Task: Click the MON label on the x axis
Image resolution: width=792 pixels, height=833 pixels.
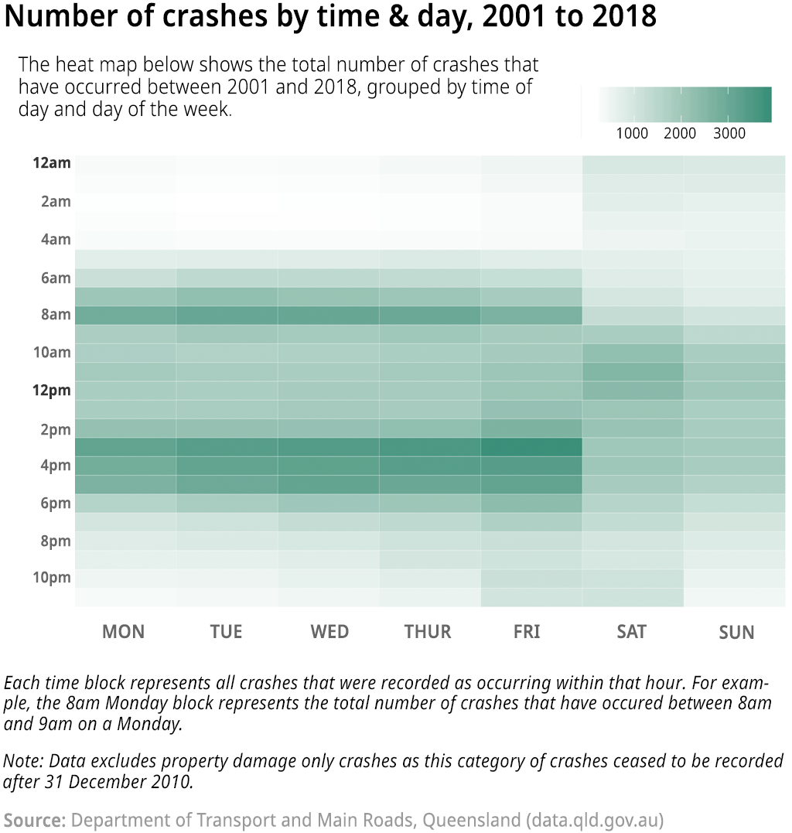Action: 123,632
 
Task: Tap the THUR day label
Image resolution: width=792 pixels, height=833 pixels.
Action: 427,632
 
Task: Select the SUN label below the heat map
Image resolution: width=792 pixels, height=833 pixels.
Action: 736,633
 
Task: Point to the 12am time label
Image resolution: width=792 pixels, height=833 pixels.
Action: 52,163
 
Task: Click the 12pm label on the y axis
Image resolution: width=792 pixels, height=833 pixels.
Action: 52,391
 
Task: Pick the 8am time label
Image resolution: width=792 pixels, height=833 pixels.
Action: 56,315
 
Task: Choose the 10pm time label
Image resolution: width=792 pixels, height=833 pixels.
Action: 53,578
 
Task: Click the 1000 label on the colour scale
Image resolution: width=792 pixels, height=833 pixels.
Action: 632,134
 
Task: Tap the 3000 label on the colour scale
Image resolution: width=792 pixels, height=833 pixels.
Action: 729,134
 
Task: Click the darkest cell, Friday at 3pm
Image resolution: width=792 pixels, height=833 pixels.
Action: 531,447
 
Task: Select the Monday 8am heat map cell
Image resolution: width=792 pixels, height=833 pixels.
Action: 125,315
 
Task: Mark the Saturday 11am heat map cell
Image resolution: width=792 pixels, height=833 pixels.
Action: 633,372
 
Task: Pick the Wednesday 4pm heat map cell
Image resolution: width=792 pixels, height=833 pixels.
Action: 328,466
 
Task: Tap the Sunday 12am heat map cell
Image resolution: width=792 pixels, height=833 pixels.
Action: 734,164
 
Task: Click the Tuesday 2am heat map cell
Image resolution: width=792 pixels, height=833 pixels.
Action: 227,202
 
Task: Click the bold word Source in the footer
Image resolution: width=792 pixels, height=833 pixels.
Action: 35,819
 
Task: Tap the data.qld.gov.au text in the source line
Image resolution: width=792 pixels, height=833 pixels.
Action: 594,819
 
